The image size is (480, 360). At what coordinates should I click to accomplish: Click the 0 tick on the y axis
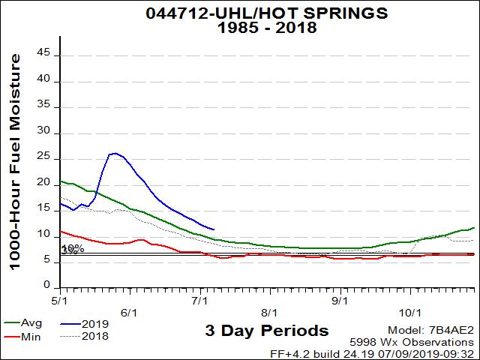47,286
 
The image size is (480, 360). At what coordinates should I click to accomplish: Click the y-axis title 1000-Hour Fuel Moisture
15,160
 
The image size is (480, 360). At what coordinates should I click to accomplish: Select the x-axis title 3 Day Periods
266,331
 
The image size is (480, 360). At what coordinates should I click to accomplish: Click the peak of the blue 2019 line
114,153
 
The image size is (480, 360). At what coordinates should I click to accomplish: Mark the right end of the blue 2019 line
214,229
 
